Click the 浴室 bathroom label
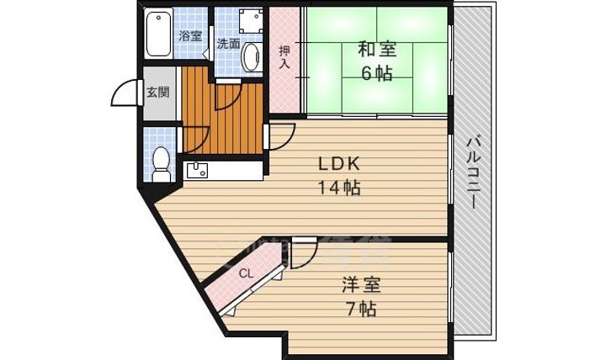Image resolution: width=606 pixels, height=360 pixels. pyautogui.click(x=191, y=36)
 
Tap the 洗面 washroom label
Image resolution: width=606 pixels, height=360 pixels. pyautogui.click(x=228, y=45)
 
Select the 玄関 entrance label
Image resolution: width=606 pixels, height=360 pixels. pyautogui.click(x=157, y=92)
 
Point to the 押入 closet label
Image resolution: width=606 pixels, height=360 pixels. pyautogui.click(x=285, y=57)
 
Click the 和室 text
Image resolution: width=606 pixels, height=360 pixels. pyautogui.click(x=375, y=50)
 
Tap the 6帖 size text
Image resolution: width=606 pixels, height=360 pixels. pyautogui.click(x=376, y=73)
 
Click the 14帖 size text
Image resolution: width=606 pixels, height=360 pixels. pyautogui.click(x=339, y=188)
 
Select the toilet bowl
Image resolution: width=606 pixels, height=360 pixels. pyautogui.click(x=162, y=161)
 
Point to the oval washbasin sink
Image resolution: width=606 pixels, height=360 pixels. pyautogui.click(x=251, y=58)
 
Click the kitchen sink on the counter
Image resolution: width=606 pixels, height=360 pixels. pyautogui.click(x=199, y=171)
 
